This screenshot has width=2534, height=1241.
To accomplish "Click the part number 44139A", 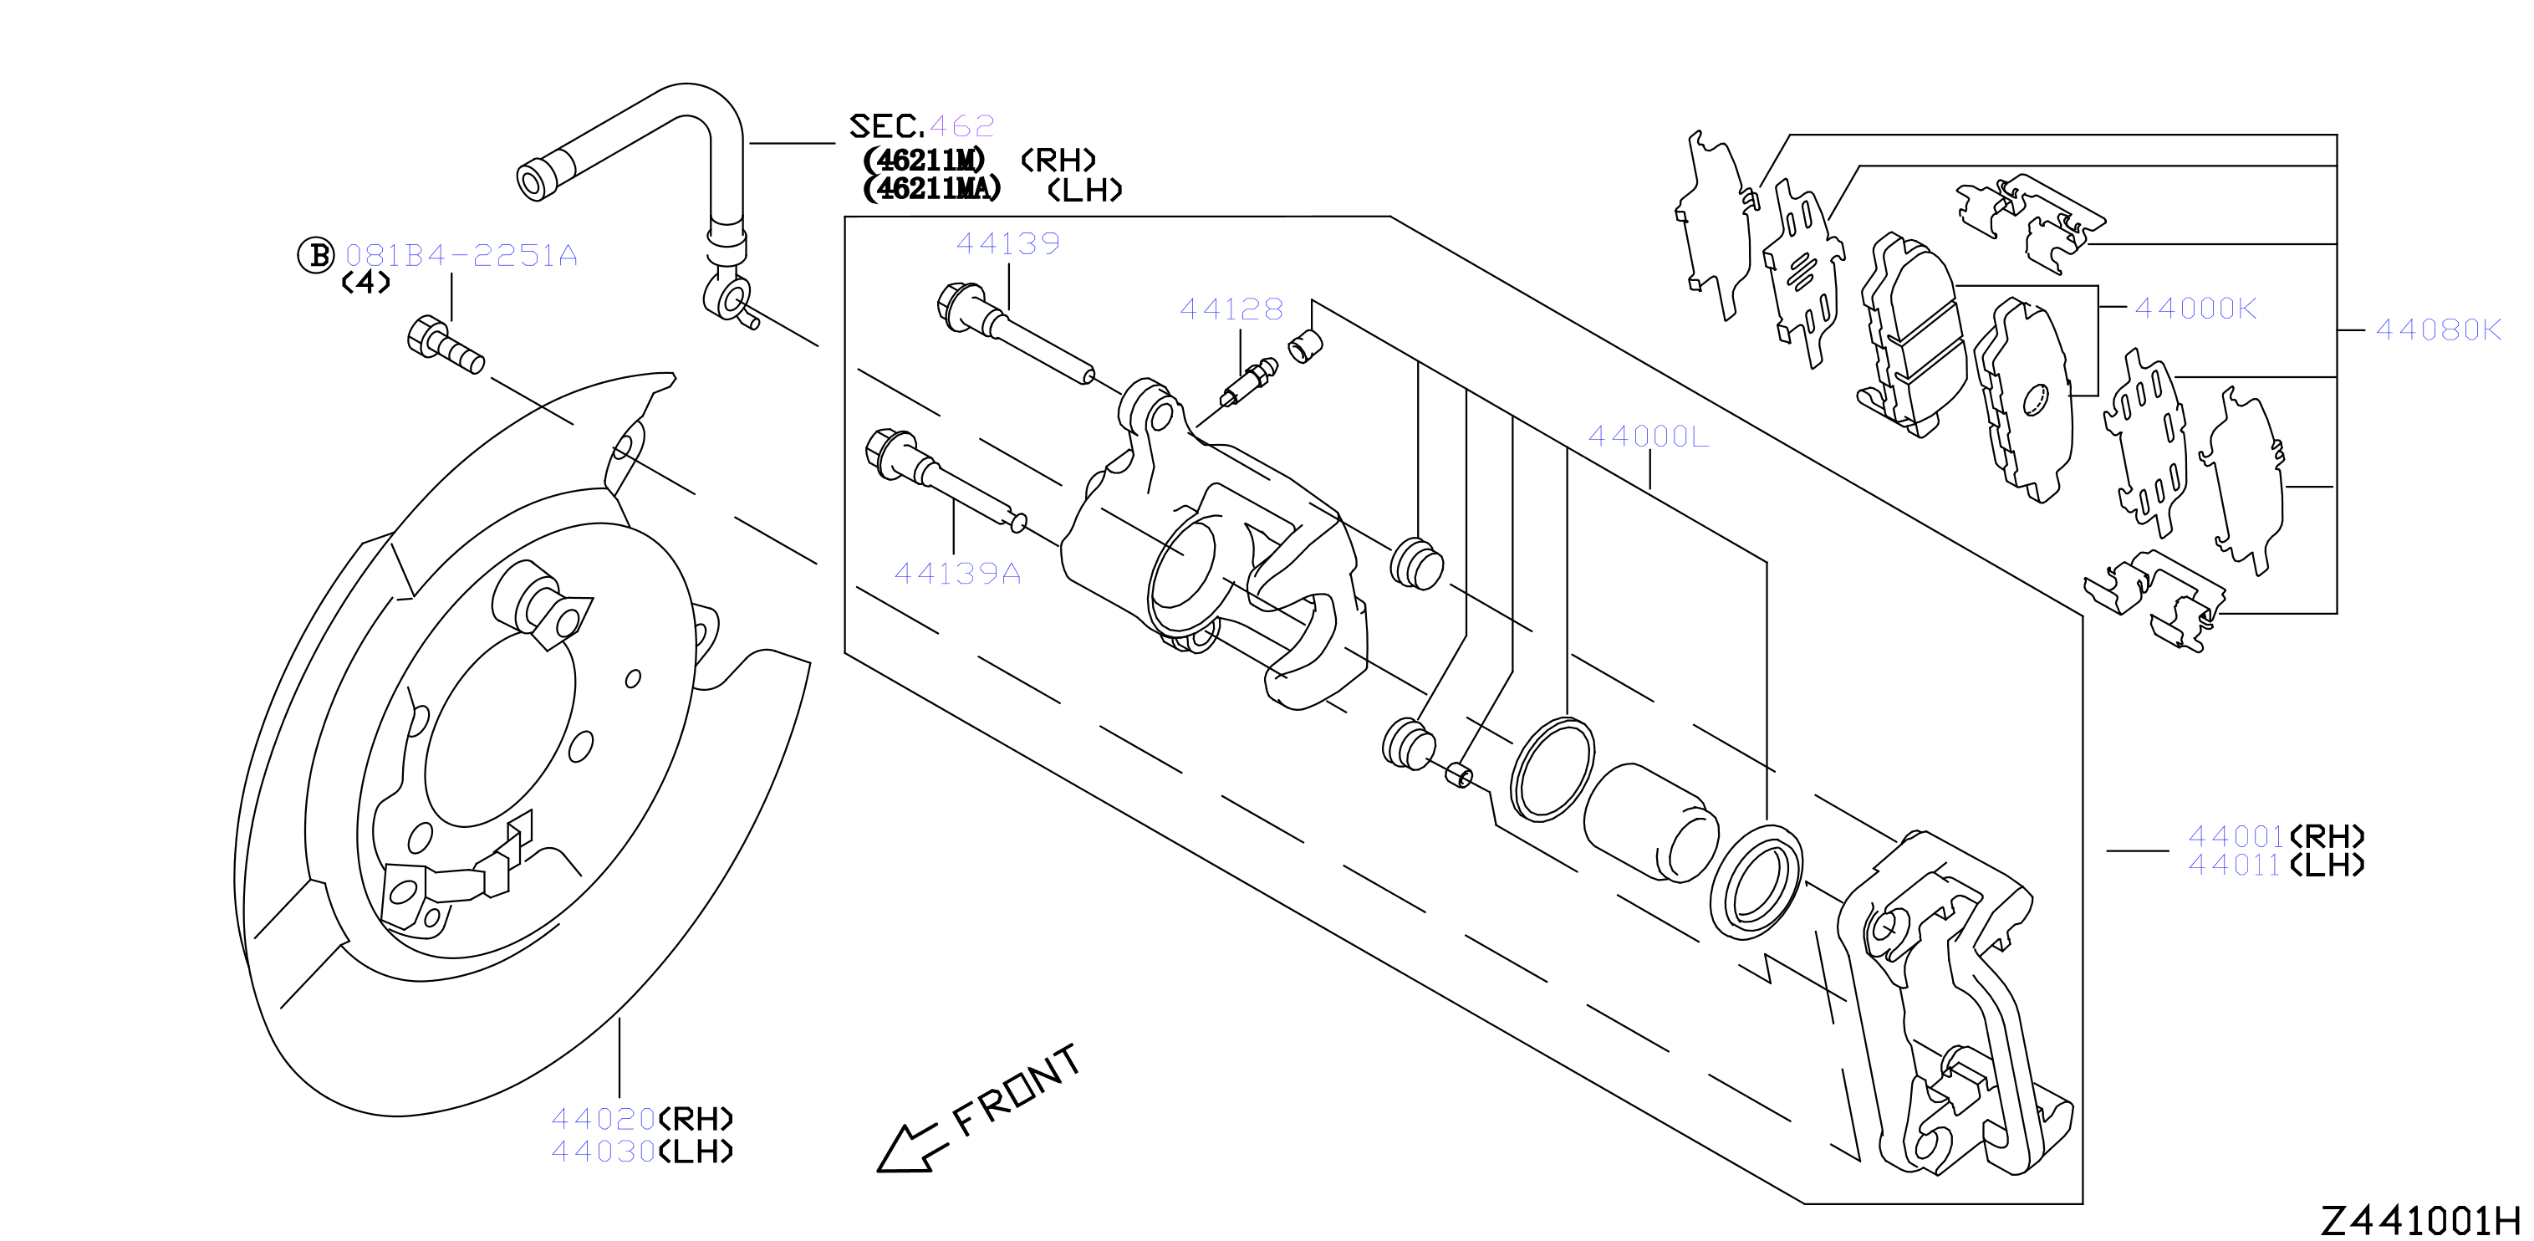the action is coord(957,573).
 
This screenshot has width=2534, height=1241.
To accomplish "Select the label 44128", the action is coord(1231,310).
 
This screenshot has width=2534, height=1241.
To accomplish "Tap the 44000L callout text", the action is coord(1649,436).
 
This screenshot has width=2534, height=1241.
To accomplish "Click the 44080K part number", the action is coord(2438,329).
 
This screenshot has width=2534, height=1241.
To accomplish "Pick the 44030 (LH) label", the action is coord(642,1151).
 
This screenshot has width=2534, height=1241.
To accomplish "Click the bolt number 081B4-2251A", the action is coord(461,256).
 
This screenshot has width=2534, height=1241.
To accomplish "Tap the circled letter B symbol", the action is coord(317,255).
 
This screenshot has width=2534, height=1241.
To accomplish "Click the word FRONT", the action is coord(1016,1090).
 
